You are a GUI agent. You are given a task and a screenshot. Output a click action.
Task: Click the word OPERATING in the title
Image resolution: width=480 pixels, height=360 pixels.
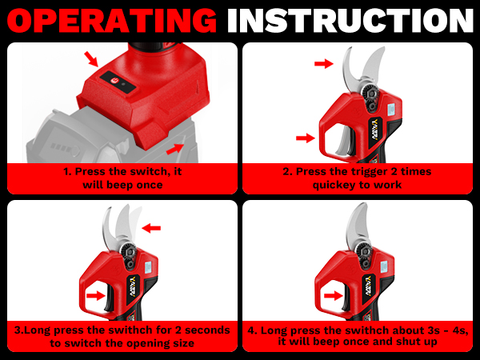[111, 20]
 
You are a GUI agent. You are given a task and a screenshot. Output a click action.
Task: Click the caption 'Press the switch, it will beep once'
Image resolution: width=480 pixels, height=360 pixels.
[122, 178]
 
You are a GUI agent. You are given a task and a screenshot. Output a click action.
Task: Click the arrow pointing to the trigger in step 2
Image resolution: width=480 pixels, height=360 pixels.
[304, 138]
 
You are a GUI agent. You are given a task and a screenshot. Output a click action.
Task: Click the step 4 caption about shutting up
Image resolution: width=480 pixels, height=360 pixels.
[358, 336]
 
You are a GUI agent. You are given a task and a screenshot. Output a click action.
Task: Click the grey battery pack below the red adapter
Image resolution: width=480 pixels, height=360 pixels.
[64, 136]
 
